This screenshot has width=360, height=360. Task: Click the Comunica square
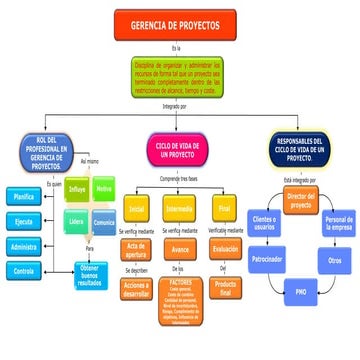click(x=103, y=222)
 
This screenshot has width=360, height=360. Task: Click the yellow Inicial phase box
click(x=136, y=209)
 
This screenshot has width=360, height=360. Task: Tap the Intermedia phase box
click(x=180, y=209)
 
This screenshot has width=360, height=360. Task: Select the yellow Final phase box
click(x=224, y=209)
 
